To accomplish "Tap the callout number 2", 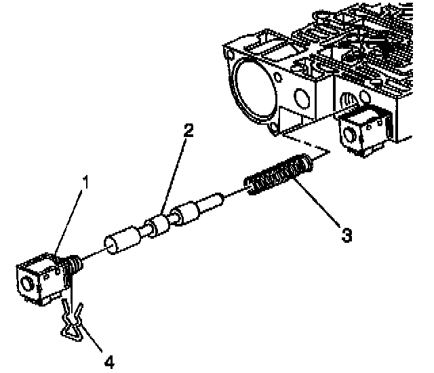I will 187,131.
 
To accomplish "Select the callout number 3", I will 347,235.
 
